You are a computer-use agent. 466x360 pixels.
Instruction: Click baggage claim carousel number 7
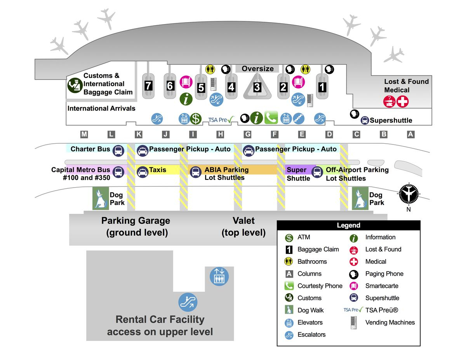[x=148, y=86]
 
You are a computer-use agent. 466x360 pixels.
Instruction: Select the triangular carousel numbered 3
[x=257, y=87]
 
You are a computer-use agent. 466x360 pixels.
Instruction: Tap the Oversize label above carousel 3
[x=257, y=69]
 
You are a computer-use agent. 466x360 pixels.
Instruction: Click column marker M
[x=84, y=134]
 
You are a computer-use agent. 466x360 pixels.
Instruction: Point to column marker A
[x=410, y=134]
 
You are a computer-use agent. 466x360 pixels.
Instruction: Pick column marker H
[x=220, y=134]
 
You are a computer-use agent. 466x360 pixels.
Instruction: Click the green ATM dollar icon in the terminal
[x=195, y=118]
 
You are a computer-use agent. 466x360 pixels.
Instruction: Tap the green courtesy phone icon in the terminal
[x=271, y=118]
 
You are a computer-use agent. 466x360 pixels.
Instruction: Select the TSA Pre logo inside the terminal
[x=221, y=120]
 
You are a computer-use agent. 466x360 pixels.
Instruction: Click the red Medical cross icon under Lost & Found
[x=403, y=102]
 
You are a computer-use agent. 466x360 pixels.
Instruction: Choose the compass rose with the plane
[x=409, y=193]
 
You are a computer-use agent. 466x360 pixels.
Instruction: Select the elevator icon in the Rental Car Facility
[x=219, y=276]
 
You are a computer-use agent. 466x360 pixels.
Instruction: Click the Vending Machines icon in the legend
[x=353, y=323]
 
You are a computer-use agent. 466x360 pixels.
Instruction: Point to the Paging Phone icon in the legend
[x=354, y=274]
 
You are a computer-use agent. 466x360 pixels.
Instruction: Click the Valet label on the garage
[x=243, y=221]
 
